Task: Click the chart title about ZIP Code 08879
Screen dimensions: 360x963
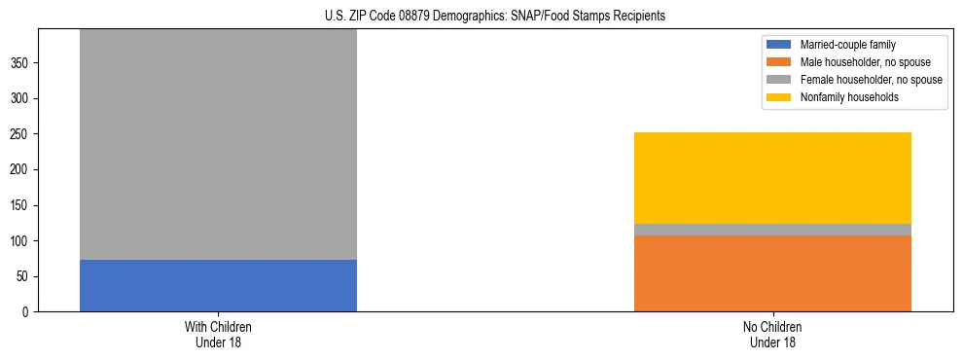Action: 495,17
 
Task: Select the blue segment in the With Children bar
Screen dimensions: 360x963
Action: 218,285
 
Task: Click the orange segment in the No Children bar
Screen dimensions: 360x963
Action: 772,273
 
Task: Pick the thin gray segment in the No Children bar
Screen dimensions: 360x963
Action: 772,230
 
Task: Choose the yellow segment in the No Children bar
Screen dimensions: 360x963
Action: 772,178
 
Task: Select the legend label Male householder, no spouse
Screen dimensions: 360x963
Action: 866,62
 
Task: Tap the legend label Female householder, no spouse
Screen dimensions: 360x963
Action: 871,80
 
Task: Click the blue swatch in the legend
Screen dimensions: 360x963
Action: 779,45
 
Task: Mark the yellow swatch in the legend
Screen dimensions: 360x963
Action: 779,97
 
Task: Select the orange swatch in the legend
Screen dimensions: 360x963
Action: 779,62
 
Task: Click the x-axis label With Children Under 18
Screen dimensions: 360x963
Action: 218,334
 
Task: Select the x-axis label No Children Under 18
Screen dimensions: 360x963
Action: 772,334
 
